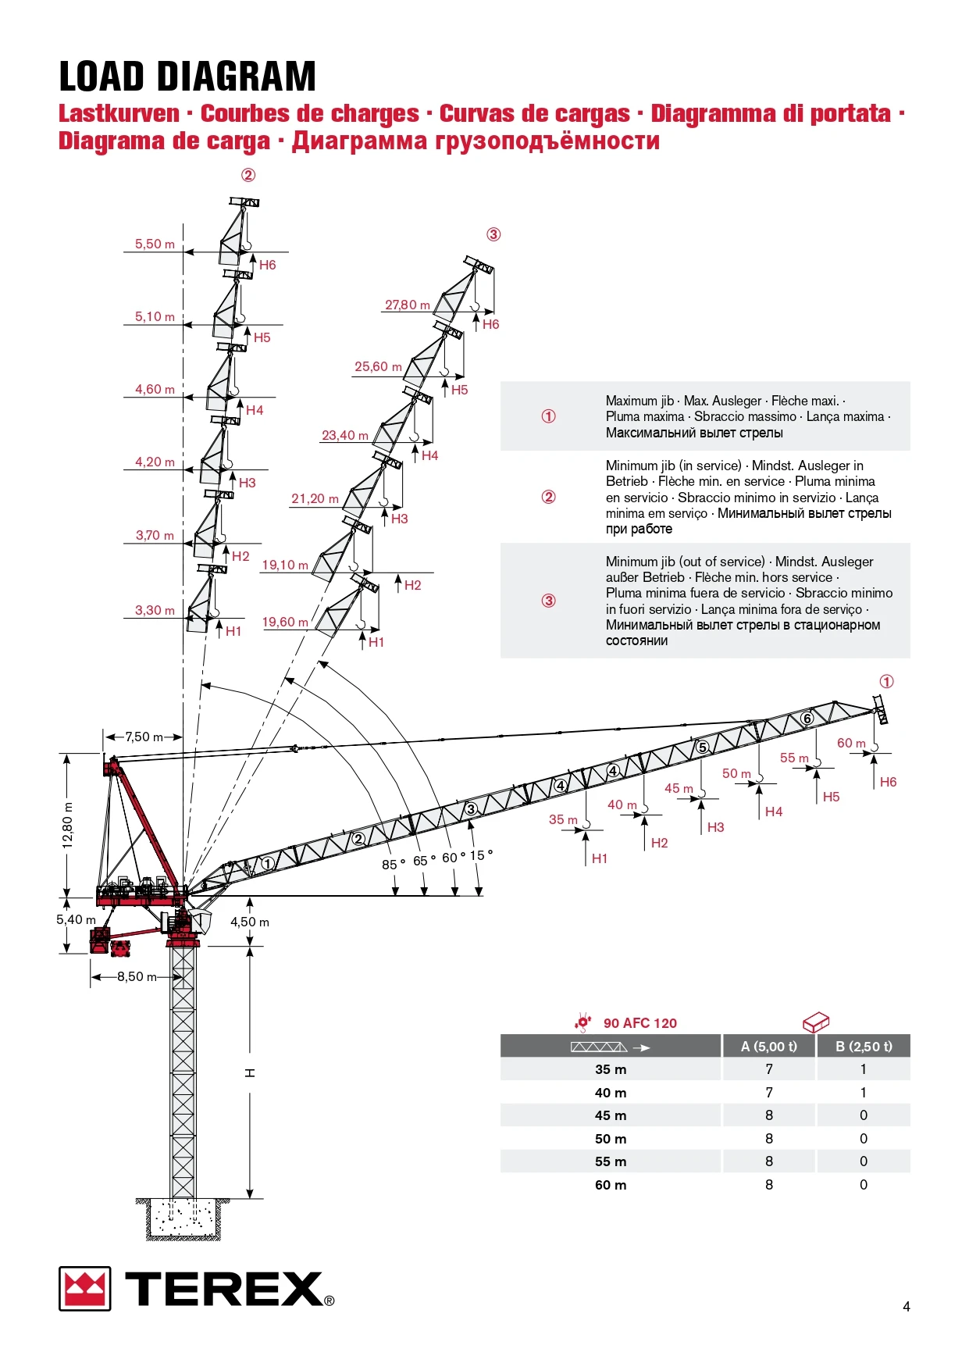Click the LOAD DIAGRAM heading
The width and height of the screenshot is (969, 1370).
[187, 77]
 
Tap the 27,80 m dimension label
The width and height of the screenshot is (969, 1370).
[407, 305]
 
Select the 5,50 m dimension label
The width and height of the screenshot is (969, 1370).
[155, 244]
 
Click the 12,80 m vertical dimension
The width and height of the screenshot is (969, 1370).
[68, 825]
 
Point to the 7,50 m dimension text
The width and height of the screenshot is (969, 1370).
[144, 737]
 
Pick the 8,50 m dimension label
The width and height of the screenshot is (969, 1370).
[137, 976]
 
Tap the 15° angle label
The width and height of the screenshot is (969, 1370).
[481, 855]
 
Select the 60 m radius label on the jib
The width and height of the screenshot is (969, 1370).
[851, 743]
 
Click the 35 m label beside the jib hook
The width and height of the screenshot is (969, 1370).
[563, 819]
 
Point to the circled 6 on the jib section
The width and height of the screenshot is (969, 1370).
[807, 719]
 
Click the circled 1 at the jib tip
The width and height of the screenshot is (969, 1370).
[886, 682]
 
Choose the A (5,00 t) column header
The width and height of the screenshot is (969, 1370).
[769, 1047]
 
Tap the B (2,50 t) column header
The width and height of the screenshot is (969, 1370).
[864, 1047]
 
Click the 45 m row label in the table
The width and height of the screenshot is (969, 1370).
[611, 1115]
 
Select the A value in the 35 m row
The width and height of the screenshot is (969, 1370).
[769, 1069]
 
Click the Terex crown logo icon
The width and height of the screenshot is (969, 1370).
[84, 1288]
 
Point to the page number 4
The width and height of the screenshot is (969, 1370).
[906, 1306]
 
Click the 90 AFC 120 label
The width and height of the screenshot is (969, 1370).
[639, 1023]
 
